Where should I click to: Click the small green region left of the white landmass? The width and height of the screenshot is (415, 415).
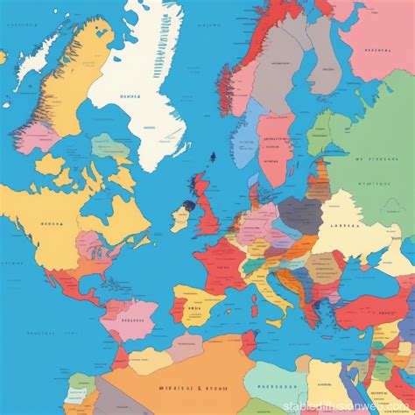coord(109,145)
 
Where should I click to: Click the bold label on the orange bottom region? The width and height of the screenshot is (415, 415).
coord(175,388)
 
